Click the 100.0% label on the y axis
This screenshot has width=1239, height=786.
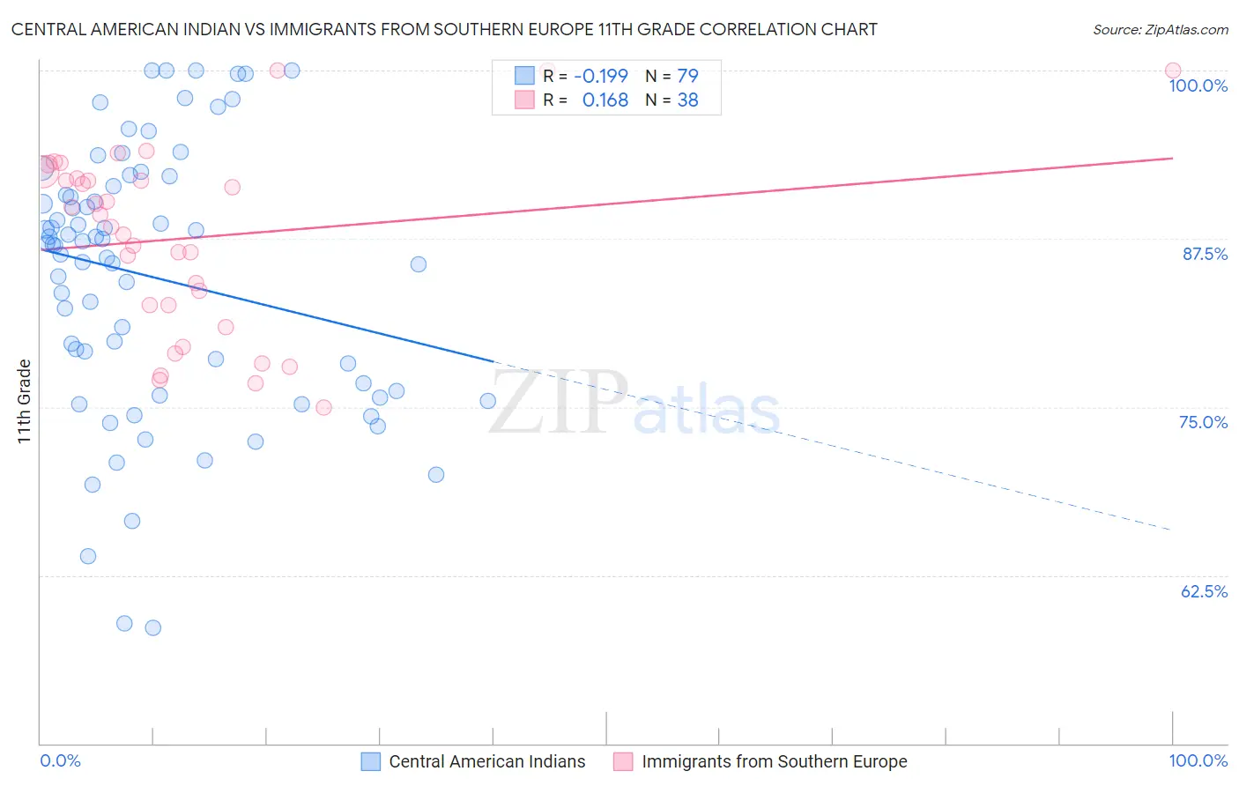[1198, 85]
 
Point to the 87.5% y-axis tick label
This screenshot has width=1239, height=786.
[1204, 254]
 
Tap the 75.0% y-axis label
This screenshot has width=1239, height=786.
[1203, 422]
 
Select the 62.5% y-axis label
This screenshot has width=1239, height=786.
[1204, 591]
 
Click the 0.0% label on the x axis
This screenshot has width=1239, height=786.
[60, 760]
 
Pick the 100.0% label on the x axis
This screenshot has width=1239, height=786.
[1198, 760]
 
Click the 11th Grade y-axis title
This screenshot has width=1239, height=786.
[25, 401]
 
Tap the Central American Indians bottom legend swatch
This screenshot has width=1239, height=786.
[371, 761]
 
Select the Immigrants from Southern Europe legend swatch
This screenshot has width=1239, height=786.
[623, 761]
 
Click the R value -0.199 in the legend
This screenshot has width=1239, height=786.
[601, 76]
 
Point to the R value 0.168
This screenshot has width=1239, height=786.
[605, 100]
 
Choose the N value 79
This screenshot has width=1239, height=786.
[687, 76]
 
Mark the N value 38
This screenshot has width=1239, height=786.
[687, 100]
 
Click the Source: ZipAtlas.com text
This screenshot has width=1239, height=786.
[1160, 29]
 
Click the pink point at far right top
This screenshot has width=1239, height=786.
[1172, 70]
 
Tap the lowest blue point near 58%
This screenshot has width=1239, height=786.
[152, 627]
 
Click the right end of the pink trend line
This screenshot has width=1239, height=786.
[1172, 158]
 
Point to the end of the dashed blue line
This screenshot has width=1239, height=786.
[1171, 530]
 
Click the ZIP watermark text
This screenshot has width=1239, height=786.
[558, 402]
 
